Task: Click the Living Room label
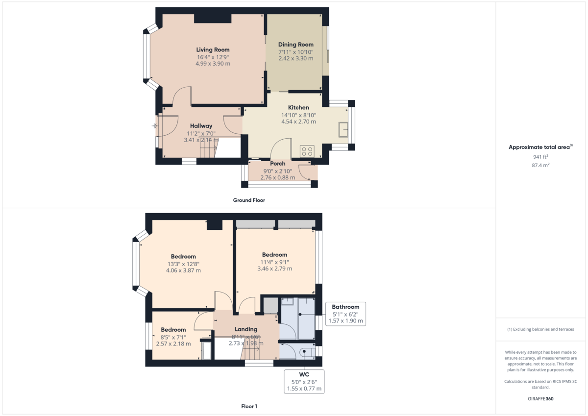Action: [213, 49]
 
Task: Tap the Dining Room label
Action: [295, 45]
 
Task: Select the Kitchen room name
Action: [298, 108]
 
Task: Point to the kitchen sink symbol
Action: [343, 130]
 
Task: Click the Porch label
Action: [277, 164]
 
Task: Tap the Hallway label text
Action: [201, 126]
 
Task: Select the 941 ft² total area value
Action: [540, 157]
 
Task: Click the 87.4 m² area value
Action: [540, 166]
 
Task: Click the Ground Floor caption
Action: [249, 200]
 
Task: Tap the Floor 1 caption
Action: [249, 406]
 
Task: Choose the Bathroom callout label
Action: [345, 307]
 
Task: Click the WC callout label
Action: [304, 374]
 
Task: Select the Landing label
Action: [246, 329]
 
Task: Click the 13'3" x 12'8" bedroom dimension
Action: [183, 264]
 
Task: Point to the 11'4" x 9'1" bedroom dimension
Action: [274, 262]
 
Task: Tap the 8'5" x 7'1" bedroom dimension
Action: [173, 337]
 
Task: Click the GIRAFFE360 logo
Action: [540, 399]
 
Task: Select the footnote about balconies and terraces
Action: [540, 329]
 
